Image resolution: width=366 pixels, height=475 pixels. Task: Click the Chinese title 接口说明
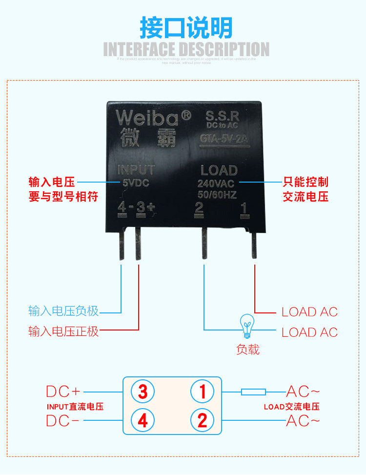click(x=186, y=28)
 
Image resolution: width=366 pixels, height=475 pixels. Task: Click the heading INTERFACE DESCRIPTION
click(x=186, y=49)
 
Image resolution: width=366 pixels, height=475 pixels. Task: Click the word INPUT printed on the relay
click(x=136, y=170)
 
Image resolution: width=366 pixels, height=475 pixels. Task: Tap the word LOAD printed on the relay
click(x=219, y=170)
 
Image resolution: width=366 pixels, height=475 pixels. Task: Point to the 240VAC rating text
click(x=216, y=184)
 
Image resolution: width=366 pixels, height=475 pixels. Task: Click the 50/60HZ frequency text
click(x=217, y=195)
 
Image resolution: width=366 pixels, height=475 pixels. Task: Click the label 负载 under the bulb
click(x=248, y=350)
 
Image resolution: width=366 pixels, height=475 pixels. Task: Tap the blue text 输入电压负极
click(x=63, y=311)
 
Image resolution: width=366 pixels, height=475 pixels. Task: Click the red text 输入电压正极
click(x=63, y=332)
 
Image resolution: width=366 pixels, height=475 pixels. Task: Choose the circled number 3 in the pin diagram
click(x=142, y=391)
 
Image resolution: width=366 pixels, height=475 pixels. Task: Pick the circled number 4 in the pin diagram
click(x=142, y=420)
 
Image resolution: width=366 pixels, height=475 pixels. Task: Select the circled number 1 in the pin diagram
click(x=202, y=391)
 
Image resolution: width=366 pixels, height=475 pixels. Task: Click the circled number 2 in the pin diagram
click(x=202, y=420)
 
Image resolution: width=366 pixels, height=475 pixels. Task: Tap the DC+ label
click(x=63, y=392)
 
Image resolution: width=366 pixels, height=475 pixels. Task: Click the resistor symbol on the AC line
click(x=254, y=392)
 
